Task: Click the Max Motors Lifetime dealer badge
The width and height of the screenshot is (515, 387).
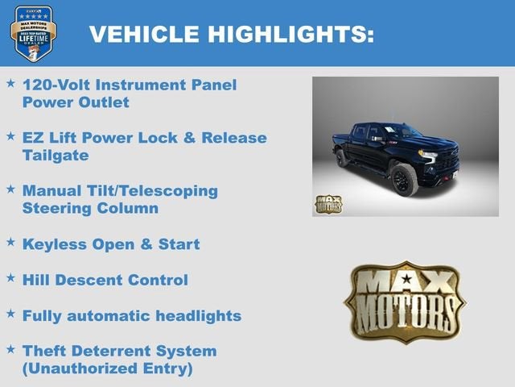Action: pyautogui.click(x=33, y=33)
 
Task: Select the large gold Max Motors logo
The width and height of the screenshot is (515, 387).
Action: pyautogui.click(x=405, y=301)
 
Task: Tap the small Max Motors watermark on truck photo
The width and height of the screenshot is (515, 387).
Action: pyautogui.click(x=328, y=204)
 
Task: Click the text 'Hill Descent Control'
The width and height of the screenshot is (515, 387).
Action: pyautogui.click(x=105, y=280)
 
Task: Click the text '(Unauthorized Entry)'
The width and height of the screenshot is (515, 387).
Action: pyautogui.click(x=108, y=368)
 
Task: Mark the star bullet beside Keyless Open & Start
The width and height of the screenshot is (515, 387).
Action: pyautogui.click(x=10, y=242)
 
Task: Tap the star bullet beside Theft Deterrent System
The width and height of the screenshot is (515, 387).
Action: pyautogui.click(x=10, y=349)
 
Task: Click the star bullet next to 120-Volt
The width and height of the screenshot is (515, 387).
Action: pyautogui.click(x=10, y=83)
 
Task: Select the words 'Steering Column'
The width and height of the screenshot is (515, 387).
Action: pyautogui.click(x=89, y=209)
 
